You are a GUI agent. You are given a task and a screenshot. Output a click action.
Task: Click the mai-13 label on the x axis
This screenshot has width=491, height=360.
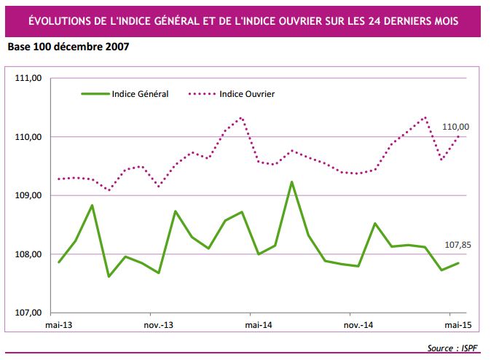coord(59,324)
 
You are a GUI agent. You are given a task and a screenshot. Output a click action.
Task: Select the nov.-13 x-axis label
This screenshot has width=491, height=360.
coord(158,324)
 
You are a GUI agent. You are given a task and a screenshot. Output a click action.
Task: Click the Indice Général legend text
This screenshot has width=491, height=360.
coord(140,94)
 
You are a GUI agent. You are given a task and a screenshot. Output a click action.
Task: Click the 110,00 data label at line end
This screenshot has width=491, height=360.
coord(456,126)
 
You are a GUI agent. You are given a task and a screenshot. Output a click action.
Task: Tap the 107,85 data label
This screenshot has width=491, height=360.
coord(456,246)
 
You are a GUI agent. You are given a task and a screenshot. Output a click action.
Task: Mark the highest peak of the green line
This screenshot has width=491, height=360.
coord(291,182)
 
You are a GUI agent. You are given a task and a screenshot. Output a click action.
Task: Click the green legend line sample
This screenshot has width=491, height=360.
coord(94,94)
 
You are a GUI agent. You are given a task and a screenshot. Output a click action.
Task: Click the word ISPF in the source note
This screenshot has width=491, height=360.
coord(470,346)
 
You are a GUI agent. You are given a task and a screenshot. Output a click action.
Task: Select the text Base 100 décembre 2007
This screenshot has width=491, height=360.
coord(71,47)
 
